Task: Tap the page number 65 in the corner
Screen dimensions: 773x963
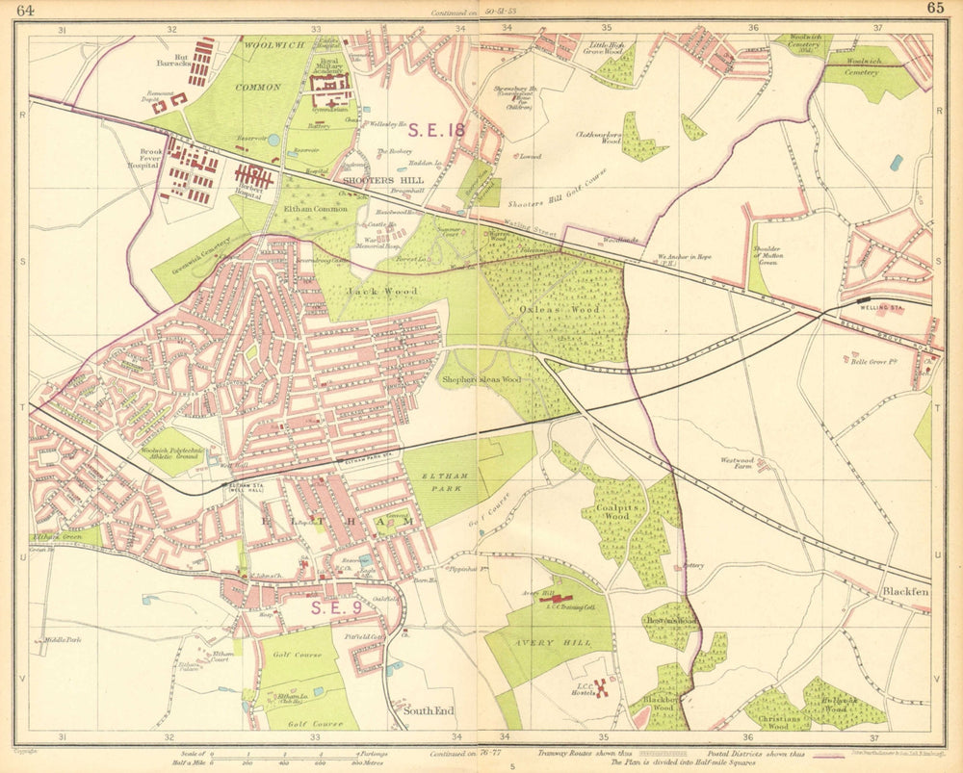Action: [935, 9]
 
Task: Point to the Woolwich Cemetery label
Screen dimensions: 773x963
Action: [855, 72]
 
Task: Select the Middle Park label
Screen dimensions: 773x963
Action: [62, 639]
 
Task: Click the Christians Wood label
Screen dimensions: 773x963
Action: [779, 723]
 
